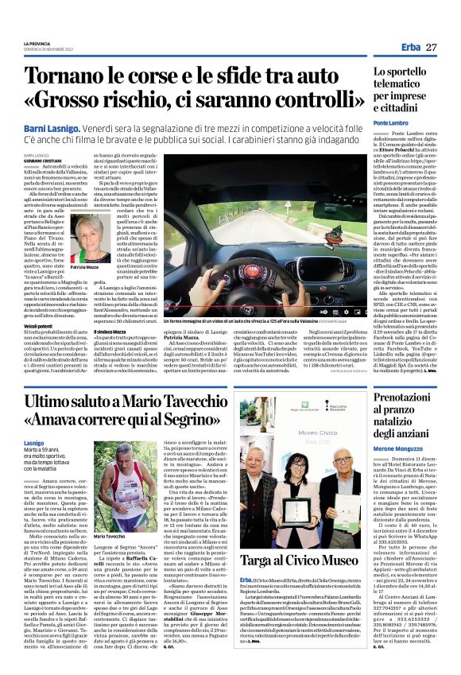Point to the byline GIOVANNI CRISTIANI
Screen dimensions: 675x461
coord(41,160)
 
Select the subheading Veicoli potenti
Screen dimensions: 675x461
coord(39,326)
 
